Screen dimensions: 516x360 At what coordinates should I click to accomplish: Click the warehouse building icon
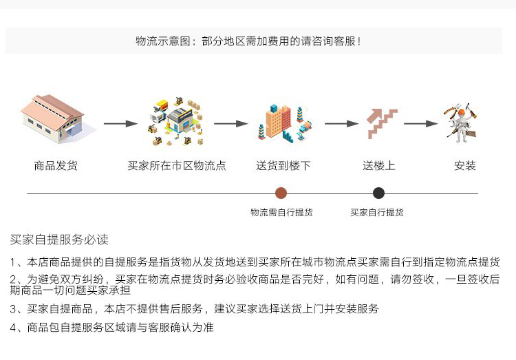pos(53,118)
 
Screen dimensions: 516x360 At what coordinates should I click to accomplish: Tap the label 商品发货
pos(56,165)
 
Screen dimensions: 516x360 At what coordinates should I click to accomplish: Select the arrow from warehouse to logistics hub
pos(120,123)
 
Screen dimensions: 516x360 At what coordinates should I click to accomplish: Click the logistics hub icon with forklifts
pos(175,122)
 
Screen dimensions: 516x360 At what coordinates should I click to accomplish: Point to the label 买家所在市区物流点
pos(177,165)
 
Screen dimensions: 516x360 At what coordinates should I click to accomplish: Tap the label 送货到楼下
pos(283,165)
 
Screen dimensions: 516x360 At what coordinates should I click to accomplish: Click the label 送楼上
pos(379,165)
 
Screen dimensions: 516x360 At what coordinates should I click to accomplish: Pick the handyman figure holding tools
pos(461,123)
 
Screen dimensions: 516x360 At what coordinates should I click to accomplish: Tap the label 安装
pos(465,165)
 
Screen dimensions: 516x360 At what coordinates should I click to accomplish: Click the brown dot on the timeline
pos(281,193)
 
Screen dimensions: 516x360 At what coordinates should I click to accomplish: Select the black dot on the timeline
pos(379,193)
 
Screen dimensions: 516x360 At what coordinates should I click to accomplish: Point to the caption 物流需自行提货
pos(281,213)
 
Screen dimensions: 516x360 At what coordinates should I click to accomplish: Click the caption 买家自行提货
pos(377,213)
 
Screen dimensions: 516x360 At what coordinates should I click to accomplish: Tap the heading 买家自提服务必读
pos(59,240)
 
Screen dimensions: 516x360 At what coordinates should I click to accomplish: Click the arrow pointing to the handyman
pos(420,123)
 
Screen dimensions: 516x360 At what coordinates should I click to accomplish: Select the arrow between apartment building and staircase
pos(341,123)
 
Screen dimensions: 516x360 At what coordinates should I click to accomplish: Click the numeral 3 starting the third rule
pos(13,309)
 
